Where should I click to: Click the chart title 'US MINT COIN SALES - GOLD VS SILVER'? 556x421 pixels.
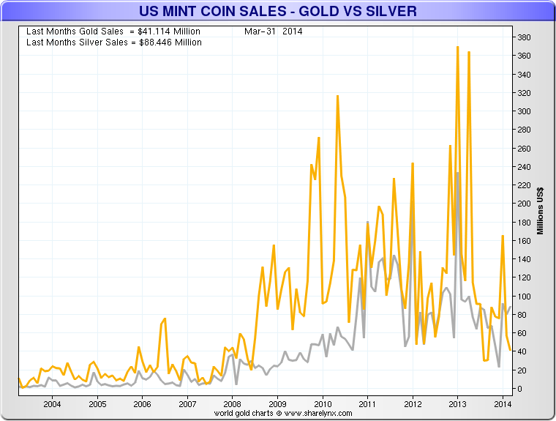click(x=277, y=11)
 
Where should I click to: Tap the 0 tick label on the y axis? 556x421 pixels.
click(x=519, y=389)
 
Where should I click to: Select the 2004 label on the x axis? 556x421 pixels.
click(x=52, y=403)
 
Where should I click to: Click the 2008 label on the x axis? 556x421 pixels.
click(x=232, y=403)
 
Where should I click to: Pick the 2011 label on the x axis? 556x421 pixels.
click(x=367, y=403)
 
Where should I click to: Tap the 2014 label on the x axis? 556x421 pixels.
click(x=503, y=403)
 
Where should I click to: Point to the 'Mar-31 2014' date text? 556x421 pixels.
click(x=274, y=31)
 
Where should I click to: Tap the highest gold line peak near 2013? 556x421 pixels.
click(x=457, y=47)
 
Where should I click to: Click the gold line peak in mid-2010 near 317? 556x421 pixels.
click(x=337, y=95)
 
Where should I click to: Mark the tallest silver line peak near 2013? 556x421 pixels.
click(x=458, y=173)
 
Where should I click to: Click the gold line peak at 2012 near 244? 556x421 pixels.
click(x=413, y=163)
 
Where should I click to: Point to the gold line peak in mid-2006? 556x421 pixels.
click(x=165, y=318)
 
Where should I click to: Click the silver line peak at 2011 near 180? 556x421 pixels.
click(x=367, y=222)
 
